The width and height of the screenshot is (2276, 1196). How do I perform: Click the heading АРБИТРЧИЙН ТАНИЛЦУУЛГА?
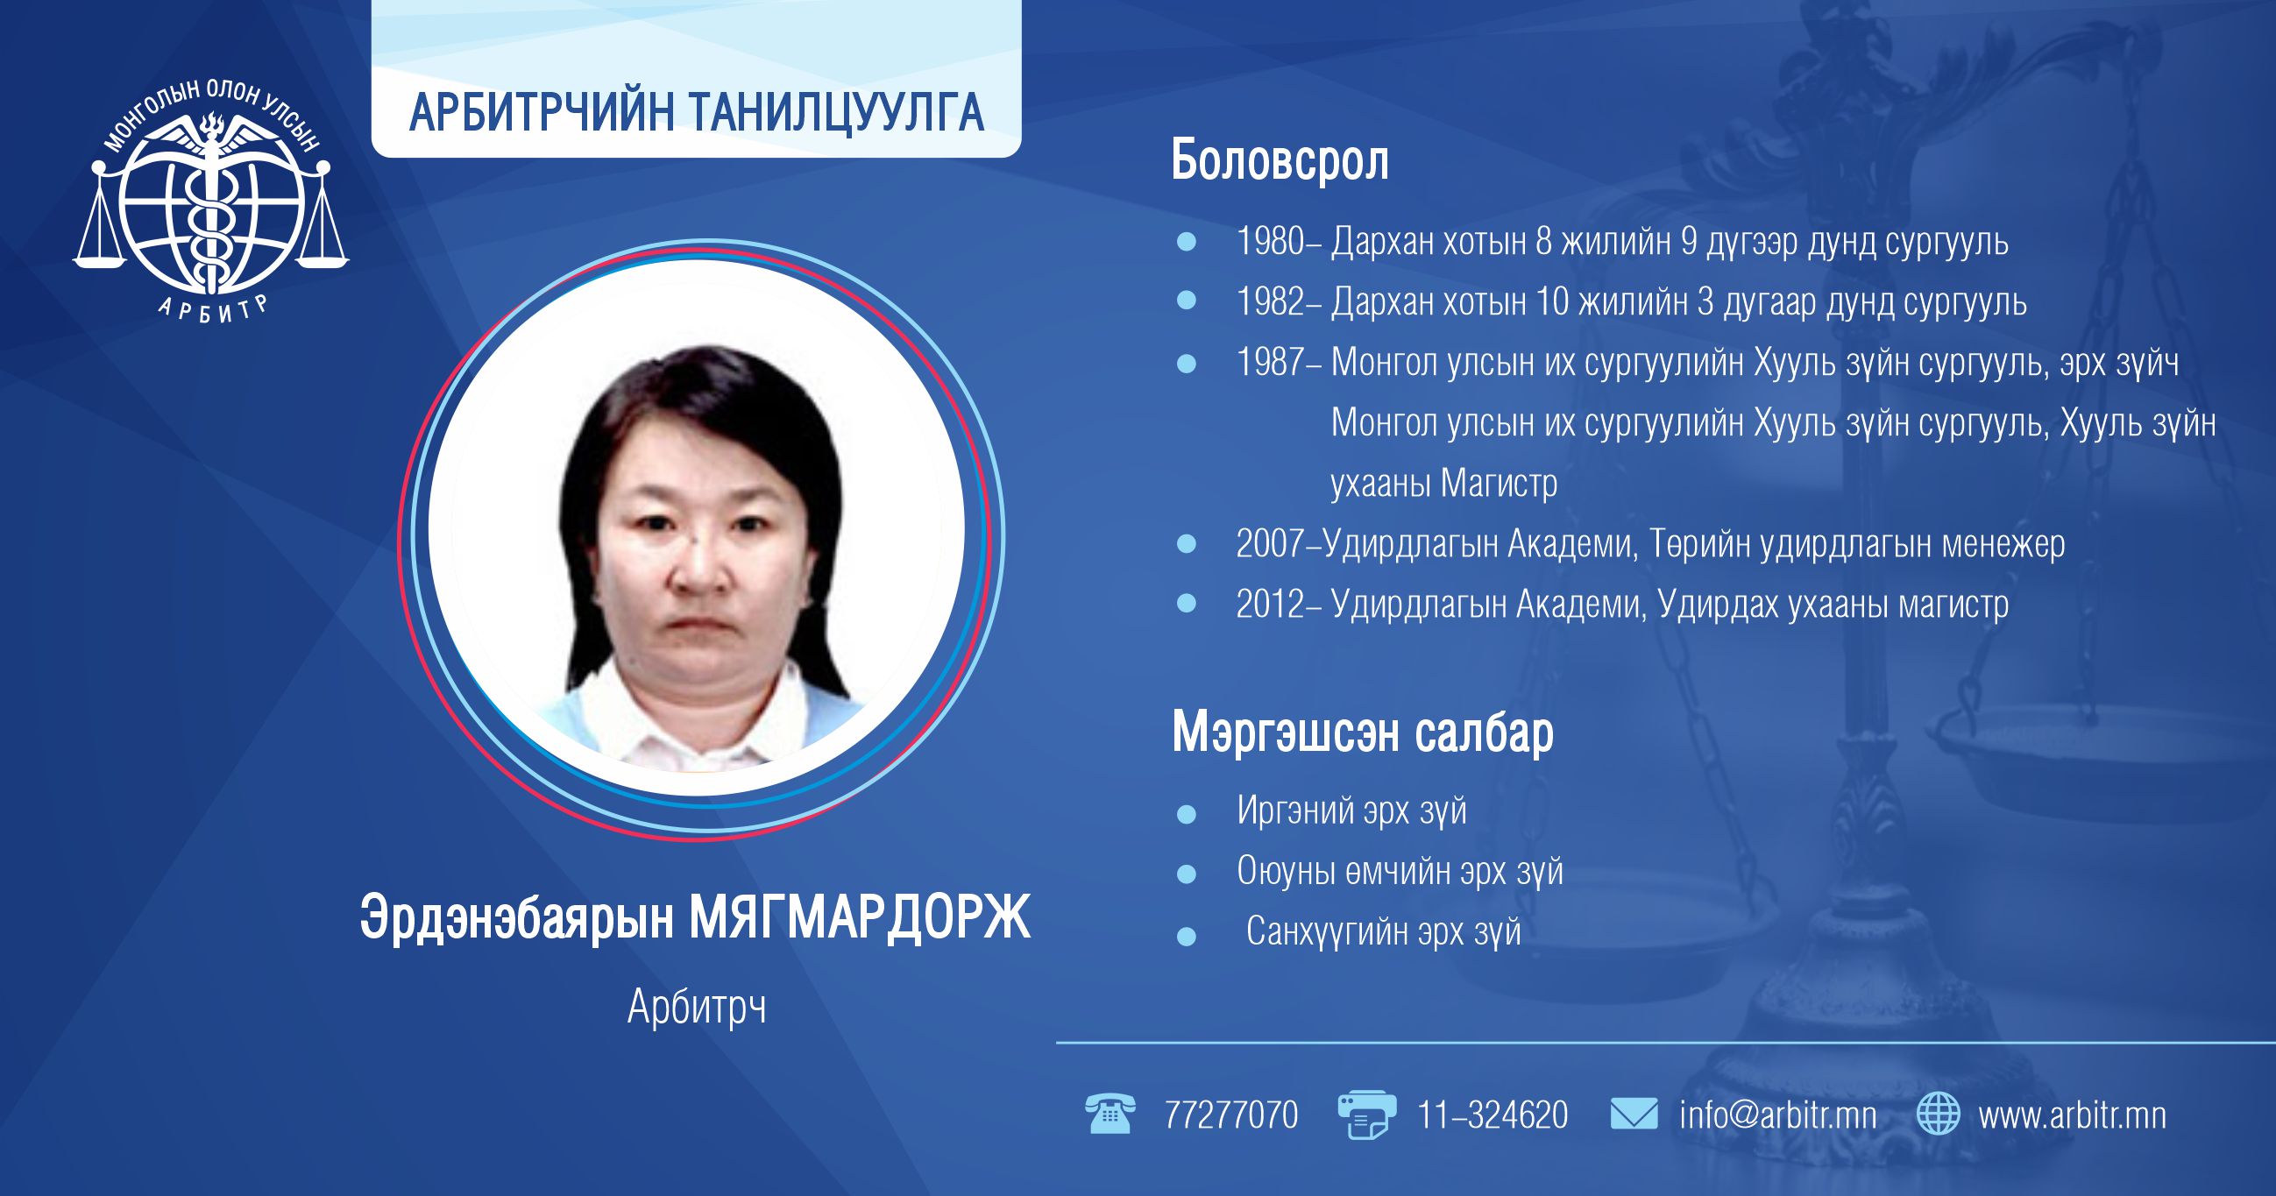tap(696, 112)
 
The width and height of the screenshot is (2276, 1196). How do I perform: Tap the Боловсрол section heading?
tap(1280, 160)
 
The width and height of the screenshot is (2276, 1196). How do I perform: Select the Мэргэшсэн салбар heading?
tap(1363, 733)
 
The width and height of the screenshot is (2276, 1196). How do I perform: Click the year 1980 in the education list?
tap(1271, 241)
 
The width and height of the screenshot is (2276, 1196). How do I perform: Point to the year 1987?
tap(1271, 362)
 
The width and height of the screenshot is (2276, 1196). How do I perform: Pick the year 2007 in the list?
tap(1271, 544)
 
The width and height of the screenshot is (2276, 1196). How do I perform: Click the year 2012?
tap(1271, 605)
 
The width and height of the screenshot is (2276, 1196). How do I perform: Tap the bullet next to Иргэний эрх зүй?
tap(1187, 813)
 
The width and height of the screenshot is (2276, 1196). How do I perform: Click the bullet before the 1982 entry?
tap(1187, 301)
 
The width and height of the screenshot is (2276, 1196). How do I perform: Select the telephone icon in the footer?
tap(1110, 1114)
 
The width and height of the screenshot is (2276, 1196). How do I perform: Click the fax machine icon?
tap(1366, 1115)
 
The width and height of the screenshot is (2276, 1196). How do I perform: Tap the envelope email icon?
tap(1634, 1114)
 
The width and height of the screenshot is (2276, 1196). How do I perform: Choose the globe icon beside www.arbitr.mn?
tap(1939, 1114)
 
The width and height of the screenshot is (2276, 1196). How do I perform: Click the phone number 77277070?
tap(1231, 1115)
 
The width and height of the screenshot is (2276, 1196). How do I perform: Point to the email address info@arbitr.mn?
tap(1777, 1115)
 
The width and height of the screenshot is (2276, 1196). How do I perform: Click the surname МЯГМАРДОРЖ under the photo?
tap(860, 918)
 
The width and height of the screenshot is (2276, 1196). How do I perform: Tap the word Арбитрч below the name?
tap(697, 1007)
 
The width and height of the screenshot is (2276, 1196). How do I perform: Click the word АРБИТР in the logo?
tap(212, 309)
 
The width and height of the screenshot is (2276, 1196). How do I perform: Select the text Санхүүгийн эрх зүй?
tap(1384, 932)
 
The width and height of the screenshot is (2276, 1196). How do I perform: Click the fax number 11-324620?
tap(1493, 1115)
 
